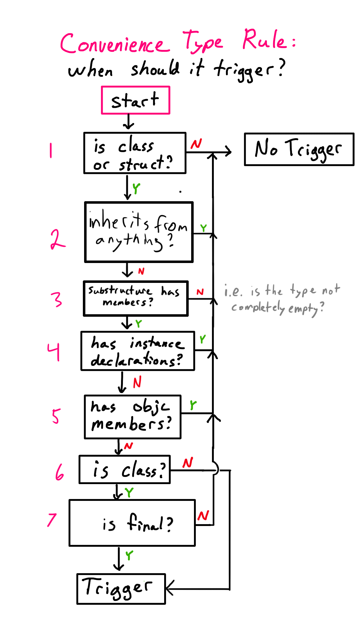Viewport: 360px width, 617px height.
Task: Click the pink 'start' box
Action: point(136,100)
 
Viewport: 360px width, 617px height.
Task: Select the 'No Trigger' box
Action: point(299,149)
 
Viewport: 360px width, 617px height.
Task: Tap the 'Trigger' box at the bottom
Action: point(121,589)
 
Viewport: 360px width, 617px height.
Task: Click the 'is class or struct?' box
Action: point(135,153)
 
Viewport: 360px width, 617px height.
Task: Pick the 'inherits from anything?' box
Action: point(139,232)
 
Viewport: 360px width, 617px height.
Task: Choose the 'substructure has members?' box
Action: point(135,298)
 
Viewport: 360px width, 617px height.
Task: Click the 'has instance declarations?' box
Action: point(137,351)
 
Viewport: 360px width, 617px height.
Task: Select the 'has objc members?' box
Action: point(133,417)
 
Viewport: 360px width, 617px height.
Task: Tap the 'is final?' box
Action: point(132,523)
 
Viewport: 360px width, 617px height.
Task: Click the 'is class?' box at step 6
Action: point(124,470)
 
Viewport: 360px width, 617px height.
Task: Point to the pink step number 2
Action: point(57,240)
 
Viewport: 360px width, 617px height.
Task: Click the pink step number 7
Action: point(52,520)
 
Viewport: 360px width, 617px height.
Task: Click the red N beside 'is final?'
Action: point(203,516)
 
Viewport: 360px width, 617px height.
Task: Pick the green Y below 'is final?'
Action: point(129,555)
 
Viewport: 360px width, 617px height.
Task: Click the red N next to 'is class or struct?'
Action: point(196,144)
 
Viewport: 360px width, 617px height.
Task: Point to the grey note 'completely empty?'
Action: point(277,308)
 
